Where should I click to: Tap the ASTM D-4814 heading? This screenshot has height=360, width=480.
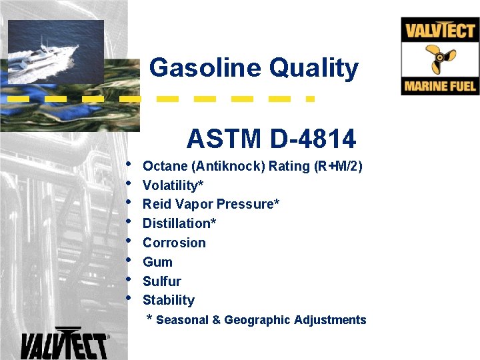pyautogui.click(x=271, y=139)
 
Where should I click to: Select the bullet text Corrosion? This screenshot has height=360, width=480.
pyautogui.click(x=174, y=243)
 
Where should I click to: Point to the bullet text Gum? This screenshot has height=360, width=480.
pyautogui.click(x=157, y=262)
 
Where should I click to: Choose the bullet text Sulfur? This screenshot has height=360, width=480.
pyautogui.click(x=162, y=281)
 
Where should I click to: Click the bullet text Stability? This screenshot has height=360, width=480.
pyautogui.click(x=169, y=301)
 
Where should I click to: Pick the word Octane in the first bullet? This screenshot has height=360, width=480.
pyautogui.click(x=164, y=166)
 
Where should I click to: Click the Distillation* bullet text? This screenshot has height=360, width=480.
pyautogui.click(x=179, y=223)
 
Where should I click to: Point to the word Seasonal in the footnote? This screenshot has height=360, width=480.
pyautogui.click(x=182, y=320)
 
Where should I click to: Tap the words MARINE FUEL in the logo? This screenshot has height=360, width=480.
pyautogui.click(x=440, y=86)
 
